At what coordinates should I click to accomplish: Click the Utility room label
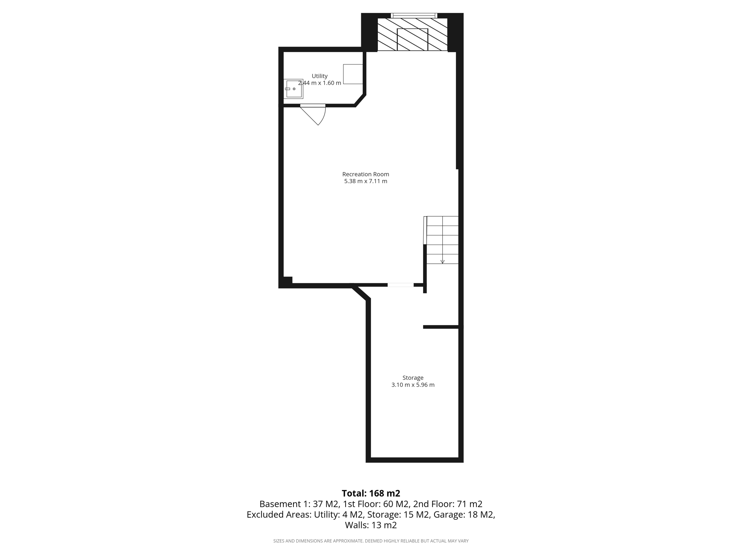(x=320, y=76)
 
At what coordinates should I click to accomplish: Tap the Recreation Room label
(x=366, y=174)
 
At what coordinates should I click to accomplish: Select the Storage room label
(x=413, y=378)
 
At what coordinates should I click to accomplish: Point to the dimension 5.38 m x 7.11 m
(x=366, y=181)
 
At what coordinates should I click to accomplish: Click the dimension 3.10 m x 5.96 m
(x=413, y=385)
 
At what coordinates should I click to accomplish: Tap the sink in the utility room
(x=293, y=89)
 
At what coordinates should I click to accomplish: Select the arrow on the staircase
(x=442, y=261)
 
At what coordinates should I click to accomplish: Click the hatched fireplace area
(x=412, y=35)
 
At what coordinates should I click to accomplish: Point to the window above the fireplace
(x=414, y=15)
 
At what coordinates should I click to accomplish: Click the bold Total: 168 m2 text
(x=371, y=493)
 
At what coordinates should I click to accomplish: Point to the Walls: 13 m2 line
(x=371, y=525)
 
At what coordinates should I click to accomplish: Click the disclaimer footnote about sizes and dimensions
(x=371, y=541)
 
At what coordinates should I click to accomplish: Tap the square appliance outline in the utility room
(x=353, y=74)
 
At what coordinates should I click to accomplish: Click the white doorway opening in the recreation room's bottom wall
(x=400, y=285)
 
